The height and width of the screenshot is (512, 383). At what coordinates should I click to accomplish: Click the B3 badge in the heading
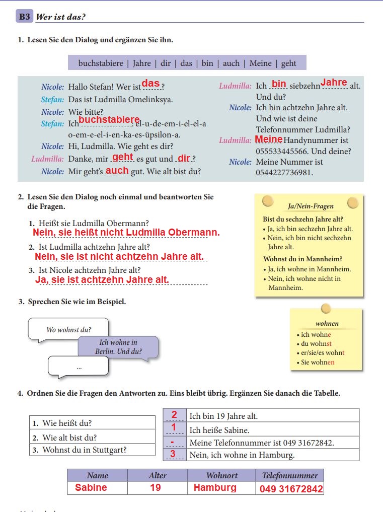24,17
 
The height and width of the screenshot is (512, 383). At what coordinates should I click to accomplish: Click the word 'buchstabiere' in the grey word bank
101,63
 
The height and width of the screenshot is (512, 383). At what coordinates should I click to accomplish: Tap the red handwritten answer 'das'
150,84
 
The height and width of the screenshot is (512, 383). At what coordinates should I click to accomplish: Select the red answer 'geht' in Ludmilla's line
123,157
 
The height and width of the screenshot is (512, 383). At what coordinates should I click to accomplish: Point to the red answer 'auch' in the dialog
117,170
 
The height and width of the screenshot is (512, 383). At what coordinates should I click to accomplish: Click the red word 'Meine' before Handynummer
269,139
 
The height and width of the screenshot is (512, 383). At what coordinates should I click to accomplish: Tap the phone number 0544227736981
284,173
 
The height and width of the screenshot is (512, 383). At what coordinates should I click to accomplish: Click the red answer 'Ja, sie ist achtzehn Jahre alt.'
102,279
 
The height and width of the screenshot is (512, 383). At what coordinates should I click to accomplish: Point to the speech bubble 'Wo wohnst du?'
68,330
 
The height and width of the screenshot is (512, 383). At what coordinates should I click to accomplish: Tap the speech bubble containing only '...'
79,367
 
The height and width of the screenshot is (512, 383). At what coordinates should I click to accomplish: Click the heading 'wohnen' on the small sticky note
327,323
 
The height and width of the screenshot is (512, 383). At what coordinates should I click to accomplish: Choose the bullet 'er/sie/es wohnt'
323,353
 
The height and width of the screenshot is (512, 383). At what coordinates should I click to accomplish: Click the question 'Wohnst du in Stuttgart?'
84,450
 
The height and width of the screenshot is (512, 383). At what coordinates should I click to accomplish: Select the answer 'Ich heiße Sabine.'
219,430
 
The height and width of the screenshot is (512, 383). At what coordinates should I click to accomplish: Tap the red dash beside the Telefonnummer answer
173,443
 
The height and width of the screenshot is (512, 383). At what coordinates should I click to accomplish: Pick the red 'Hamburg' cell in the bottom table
215,487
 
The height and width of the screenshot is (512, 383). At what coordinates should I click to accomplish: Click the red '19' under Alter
156,487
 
